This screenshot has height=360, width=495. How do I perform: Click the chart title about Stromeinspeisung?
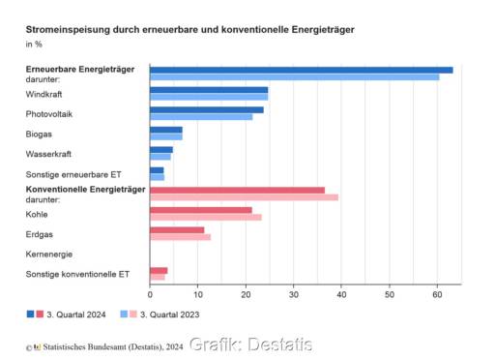[189, 30]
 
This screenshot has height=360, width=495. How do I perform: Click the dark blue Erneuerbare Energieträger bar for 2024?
[301, 70]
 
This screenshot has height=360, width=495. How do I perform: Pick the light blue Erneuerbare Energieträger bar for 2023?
[294, 76]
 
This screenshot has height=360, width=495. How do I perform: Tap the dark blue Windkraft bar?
[209, 90]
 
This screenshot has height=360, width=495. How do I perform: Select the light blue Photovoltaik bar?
[201, 117]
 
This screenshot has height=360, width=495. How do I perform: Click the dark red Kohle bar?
[201, 210]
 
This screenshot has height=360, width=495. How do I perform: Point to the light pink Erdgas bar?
[180, 236]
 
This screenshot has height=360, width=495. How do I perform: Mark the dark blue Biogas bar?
[166, 130]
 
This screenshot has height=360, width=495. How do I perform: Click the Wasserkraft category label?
[48, 154]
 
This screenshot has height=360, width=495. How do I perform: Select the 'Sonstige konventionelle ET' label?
[77, 275]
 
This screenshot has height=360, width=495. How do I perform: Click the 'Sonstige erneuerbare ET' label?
[73, 174]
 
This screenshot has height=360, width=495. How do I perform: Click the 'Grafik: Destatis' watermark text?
[250, 345]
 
